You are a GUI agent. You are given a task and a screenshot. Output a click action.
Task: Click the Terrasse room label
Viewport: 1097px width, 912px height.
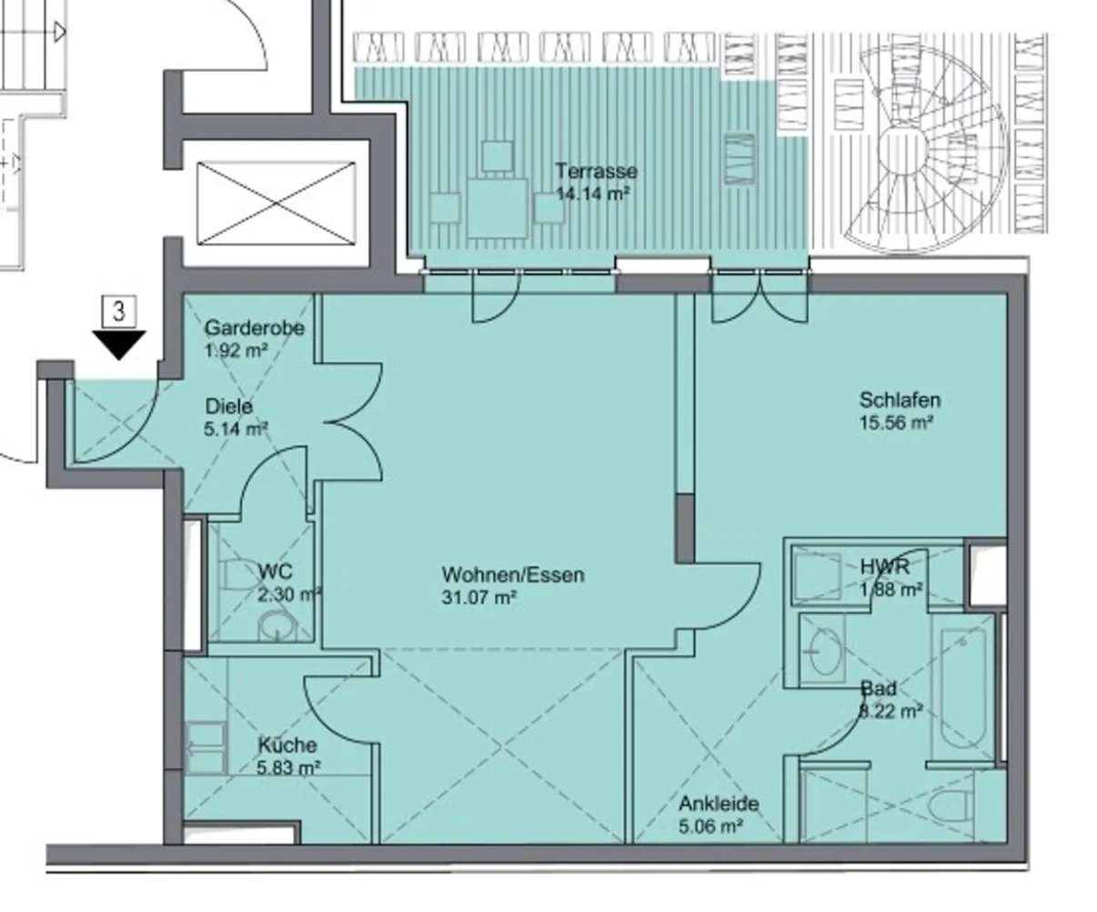(x=597, y=171)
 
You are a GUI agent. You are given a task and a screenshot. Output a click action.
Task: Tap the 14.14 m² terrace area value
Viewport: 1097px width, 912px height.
(x=592, y=194)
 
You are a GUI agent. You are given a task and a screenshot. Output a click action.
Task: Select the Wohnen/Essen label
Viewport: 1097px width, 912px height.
(x=513, y=574)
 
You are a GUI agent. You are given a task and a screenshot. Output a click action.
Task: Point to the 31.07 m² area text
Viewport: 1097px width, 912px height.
(x=478, y=598)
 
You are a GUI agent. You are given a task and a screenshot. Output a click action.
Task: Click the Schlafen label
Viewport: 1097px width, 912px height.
(x=900, y=400)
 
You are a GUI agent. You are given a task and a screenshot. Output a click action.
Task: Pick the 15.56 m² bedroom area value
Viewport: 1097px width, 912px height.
(x=896, y=422)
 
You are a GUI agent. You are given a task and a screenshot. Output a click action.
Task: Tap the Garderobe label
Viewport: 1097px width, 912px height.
(x=255, y=328)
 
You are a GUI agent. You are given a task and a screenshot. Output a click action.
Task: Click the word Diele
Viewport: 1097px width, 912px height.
(x=228, y=406)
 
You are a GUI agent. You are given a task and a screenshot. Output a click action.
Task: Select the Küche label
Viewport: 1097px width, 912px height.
(x=287, y=745)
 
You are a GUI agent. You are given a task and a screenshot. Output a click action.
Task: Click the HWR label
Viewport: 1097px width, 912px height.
(x=884, y=566)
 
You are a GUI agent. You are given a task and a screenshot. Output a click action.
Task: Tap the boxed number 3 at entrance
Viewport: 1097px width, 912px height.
(x=119, y=311)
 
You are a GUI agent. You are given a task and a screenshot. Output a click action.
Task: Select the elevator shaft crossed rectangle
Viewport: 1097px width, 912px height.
(x=277, y=204)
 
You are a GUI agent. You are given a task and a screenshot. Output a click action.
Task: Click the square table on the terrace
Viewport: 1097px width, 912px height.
(x=497, y=208)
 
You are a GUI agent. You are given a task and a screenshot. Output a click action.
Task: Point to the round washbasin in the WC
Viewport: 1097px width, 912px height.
(x=277, y=626)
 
